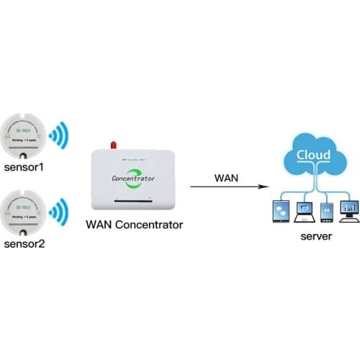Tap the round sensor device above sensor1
tap(24, 135)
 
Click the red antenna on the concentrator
tap(113, 145)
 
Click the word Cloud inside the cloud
tap(314, 155)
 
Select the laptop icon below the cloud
tap(305, 211)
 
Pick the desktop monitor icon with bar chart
tap(349, 210)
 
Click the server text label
tap(315, 235)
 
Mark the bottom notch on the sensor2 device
tap(24, 231)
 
